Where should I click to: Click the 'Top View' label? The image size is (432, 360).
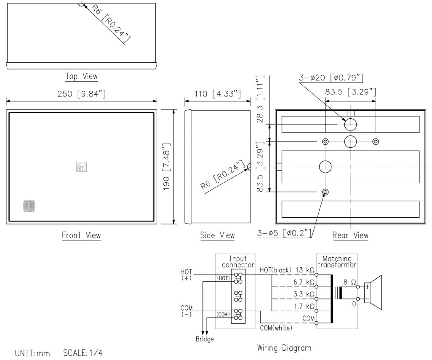point(81,76)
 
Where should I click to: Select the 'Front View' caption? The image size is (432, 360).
point(81,235)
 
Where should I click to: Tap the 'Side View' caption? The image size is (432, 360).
point(217,235)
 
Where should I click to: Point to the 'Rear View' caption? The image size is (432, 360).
point(350,235)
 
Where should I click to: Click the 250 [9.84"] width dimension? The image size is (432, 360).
point(82,93)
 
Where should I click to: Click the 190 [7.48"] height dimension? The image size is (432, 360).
point(167,166)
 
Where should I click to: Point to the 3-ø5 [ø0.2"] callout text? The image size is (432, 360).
point(285,233)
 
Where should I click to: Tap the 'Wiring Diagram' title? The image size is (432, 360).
point(284,348)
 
